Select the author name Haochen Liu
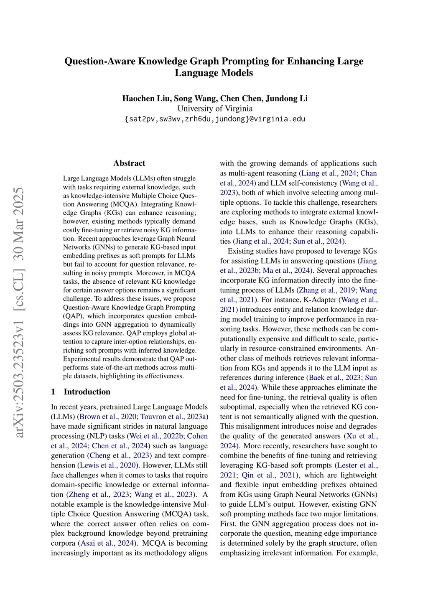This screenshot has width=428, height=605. pos(146,99)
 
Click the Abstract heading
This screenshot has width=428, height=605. pos(129,163)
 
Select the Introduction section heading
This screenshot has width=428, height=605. pos(87,392)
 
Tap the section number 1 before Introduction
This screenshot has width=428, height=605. pos(53,392)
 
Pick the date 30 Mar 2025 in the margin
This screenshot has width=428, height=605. pos(19,230)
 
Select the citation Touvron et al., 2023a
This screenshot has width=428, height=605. pos(173,417)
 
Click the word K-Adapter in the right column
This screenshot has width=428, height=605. pos(321,300)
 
